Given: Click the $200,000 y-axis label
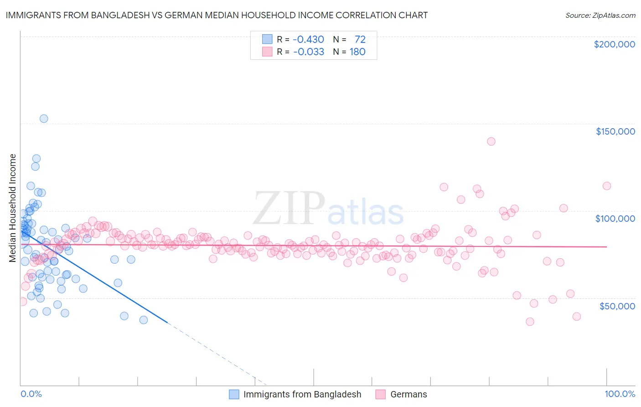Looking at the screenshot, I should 614,44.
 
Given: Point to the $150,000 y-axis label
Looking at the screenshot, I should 615,131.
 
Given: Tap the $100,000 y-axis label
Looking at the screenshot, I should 615,219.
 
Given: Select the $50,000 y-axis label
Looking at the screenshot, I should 617,306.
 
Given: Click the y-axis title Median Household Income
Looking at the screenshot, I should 13,208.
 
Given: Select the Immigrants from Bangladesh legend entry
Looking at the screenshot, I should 302,394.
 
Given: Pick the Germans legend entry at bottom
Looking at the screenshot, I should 408,394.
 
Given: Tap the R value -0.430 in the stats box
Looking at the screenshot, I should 308,39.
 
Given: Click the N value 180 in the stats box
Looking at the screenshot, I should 357,52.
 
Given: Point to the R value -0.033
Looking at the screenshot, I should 308,52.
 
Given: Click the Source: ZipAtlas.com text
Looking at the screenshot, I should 600,15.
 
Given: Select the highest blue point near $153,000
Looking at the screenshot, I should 44,119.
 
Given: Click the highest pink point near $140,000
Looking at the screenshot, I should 491,141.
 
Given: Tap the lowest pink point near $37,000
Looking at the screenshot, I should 530,322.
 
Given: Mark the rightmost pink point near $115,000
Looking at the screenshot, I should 607,186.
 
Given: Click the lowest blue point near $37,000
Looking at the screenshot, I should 144,320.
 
